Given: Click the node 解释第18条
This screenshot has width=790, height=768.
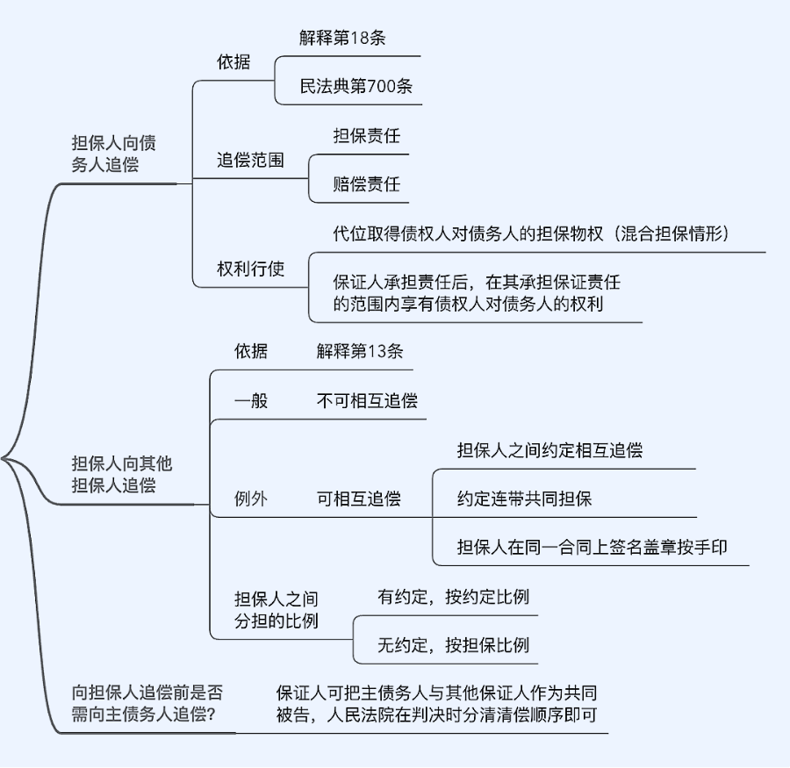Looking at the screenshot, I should pos(342,38).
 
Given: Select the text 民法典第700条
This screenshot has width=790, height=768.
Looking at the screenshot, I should pos(356,86).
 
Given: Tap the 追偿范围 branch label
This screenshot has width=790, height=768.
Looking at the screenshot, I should pos(250,161).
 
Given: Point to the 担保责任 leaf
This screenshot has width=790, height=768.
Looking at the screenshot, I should pos(366,136).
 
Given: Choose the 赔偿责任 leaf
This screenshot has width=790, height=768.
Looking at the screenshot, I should pos(366,184).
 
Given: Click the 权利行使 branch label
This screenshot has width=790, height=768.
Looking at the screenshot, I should pos(250,269).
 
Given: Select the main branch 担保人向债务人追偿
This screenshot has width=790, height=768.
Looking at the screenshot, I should pos(114,154).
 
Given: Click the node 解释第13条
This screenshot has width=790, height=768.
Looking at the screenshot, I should pos(360,351).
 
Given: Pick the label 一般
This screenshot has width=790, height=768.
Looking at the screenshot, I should pos(250,401).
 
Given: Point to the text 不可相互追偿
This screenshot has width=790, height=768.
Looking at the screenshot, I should pos(367,401).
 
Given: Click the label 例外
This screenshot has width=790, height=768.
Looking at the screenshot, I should pos(250,499).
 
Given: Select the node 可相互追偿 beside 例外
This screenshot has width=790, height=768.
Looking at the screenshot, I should pos(358,499).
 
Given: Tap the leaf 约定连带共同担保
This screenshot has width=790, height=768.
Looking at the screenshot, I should pos(524,499).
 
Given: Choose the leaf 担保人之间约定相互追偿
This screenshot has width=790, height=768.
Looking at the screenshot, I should pos(549,450).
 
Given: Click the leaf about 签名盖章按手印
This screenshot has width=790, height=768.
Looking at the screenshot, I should pos(592,547).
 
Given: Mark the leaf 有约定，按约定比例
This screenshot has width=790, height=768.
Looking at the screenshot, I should pos(453,597).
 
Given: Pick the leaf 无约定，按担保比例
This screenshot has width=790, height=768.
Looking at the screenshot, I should pos(453,646).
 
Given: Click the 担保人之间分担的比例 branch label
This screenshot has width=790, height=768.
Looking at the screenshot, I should pos(276,610).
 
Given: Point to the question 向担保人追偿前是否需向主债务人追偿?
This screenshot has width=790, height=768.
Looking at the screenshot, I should pos(147,702).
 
